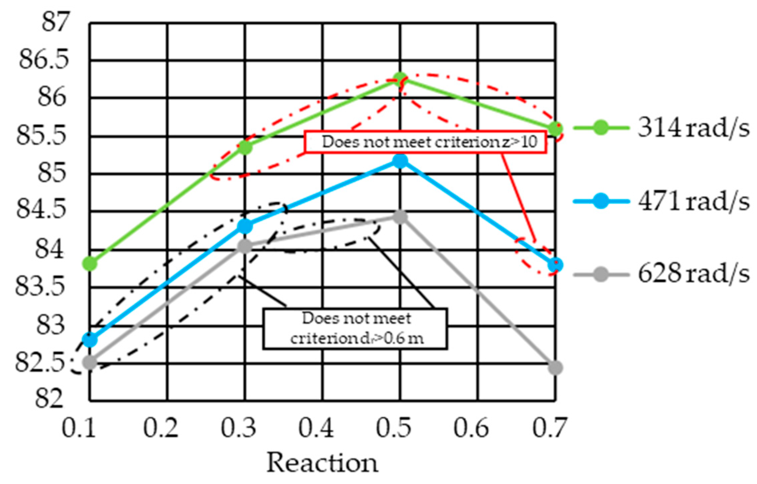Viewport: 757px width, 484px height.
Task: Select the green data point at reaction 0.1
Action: pos(90,264)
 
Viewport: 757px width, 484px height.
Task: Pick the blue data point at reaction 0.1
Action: pos(90,340)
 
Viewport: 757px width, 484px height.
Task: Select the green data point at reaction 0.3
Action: pos(245,147)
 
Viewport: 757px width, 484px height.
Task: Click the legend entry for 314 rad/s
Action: pos(692,128)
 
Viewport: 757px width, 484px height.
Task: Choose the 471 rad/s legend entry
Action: pos(692,202)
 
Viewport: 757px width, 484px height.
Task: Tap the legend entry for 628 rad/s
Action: pos(692,274)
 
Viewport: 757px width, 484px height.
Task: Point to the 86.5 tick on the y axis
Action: pos(43,60)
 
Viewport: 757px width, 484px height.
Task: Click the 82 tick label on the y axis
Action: pos(49,399)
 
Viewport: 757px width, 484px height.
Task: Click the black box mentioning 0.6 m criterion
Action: pos(355,329)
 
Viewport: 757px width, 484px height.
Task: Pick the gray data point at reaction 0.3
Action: pos(245,247)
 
